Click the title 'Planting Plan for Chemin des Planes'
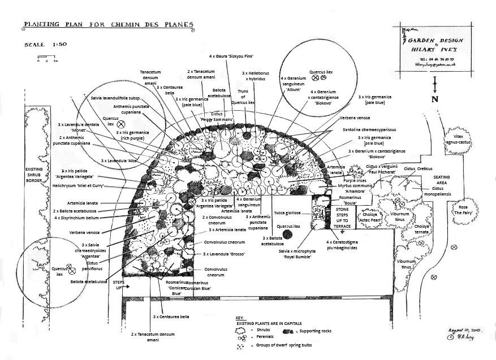click(x=108, y=25)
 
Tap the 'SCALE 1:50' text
click(x=45, y=44)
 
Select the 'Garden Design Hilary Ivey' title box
click(x=435, y=48)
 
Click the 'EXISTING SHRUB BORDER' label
click(x=33, y=176)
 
